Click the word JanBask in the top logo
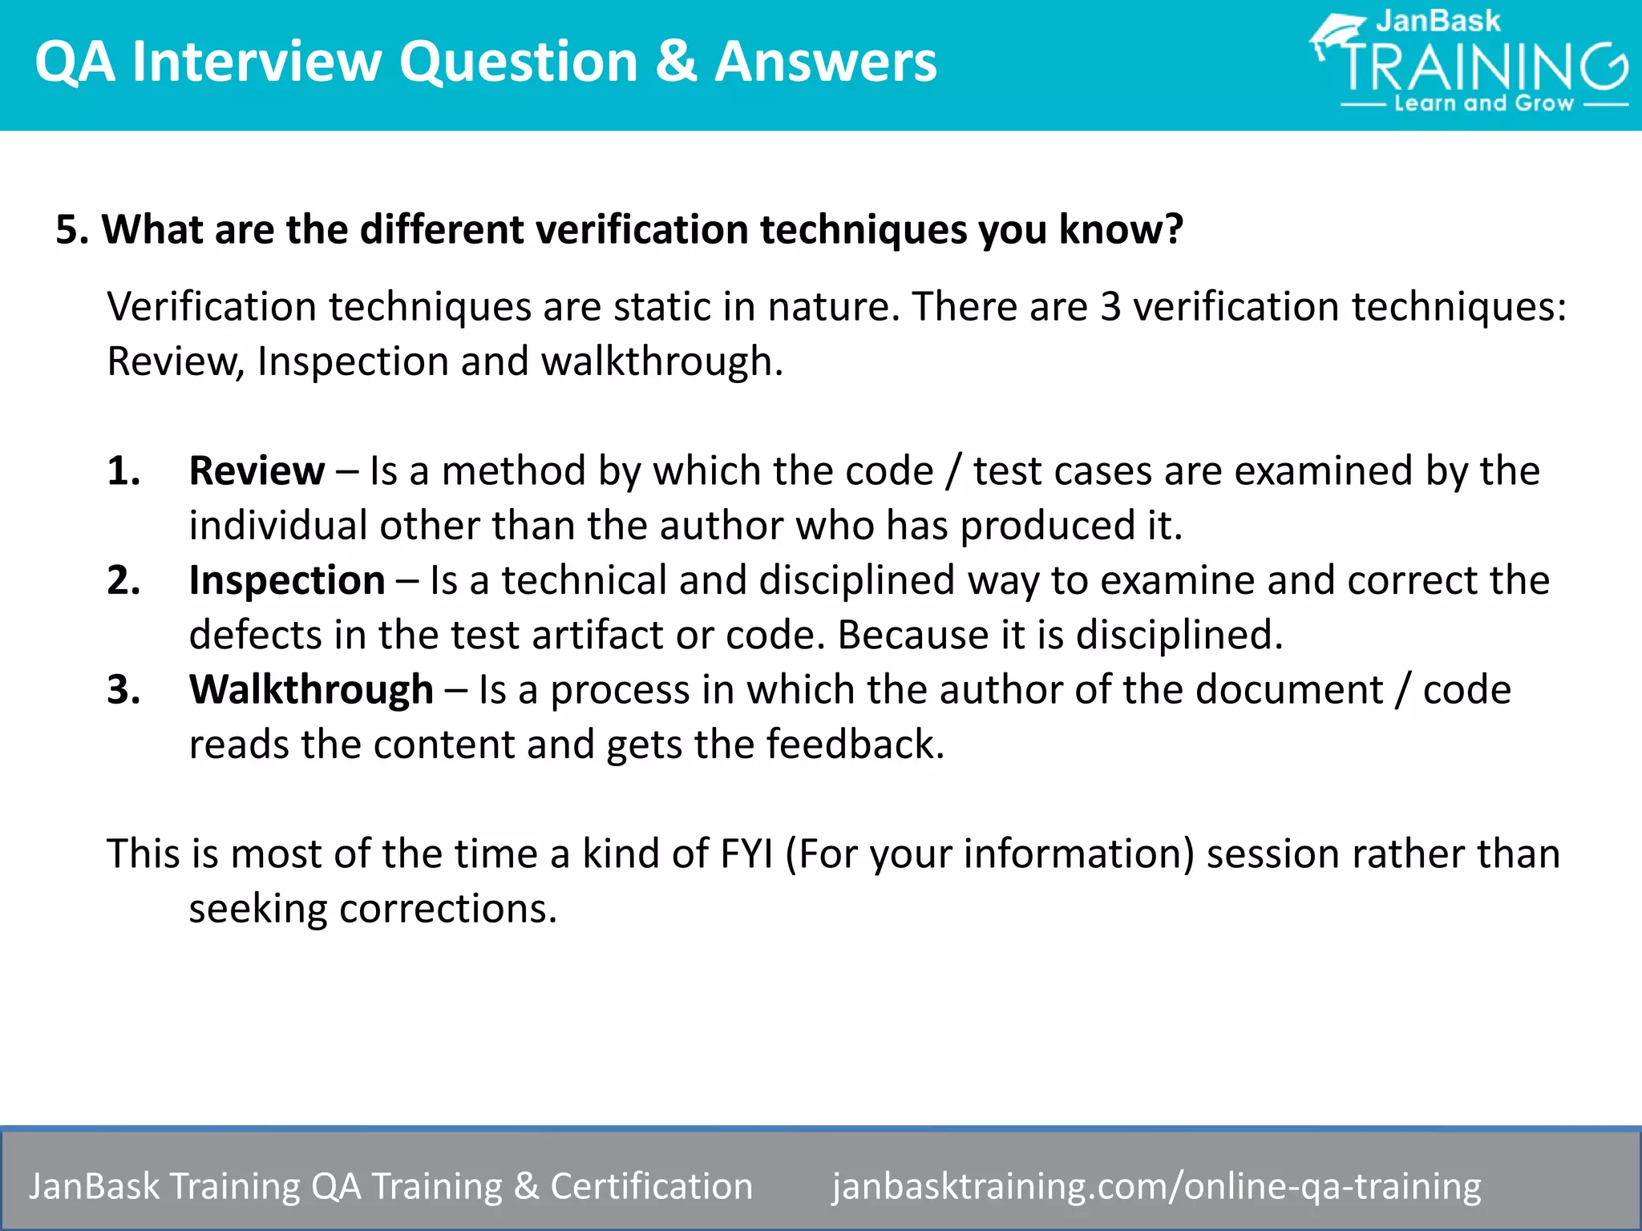point(1438,21)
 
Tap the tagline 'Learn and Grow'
point(1484,103)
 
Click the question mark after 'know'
point(1174,230)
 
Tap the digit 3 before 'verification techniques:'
point(1110,307)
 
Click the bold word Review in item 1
point(257,470)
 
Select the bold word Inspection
point(287,580)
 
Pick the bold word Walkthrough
point(311,690)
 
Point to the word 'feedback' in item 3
point(855,745)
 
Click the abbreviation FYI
point(746,854)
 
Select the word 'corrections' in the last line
point(447,910)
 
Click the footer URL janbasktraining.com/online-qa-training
point(1156,1186)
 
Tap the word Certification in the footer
point(651,1186)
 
